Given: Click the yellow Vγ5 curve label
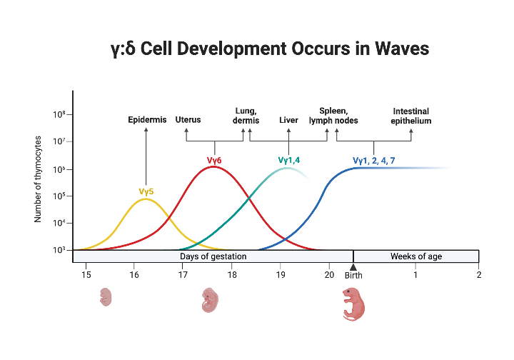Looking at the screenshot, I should (146, 191).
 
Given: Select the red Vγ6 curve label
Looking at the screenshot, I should (214, 161).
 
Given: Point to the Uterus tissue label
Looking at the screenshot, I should (188, 120).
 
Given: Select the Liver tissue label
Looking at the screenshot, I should (288, 120).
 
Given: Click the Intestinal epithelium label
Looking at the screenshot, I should (411, 116).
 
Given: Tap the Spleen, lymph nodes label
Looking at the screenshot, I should (333, 116).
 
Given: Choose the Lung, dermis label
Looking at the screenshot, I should (246, 116).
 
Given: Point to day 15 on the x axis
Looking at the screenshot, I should (86, 274).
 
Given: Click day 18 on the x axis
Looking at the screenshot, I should (232, 274).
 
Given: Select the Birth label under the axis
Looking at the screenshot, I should (353, 275).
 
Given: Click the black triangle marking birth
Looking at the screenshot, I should (353, 266).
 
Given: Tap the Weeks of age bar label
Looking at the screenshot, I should (415, 256).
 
